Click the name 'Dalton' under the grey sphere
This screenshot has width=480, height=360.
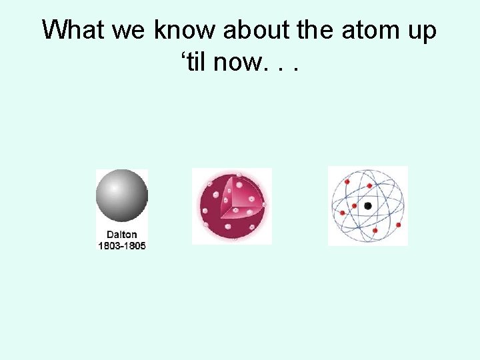pyautogui.click(x=122, y=235)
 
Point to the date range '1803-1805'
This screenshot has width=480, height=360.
pyautogui.click(x=122, y=245)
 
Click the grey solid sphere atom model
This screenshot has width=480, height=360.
pyautogui.click(x=121, y=195)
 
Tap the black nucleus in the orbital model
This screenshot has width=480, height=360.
pyautogui.click(x=368, y=206)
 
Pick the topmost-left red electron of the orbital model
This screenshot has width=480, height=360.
pyautogui.click(x=347, y=181)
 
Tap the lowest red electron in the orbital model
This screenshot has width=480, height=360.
pyautogui.click(x=375, y=231)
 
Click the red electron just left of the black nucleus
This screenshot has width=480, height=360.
pyautogui.click(x=354, y=206)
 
